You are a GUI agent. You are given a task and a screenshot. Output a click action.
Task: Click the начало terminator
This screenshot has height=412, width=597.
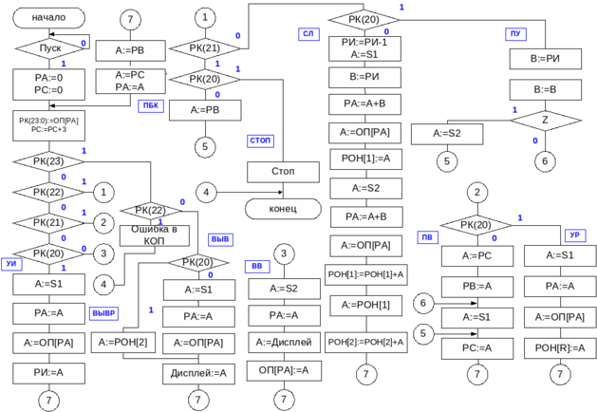click(49, 18)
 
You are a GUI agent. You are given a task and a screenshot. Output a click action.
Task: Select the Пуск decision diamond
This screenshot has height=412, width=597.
click(49, 47)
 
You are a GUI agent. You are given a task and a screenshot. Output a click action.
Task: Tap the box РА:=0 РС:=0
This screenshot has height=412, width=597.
click(49, 84)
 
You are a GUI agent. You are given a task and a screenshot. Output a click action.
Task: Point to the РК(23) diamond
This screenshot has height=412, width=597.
click(49, 161)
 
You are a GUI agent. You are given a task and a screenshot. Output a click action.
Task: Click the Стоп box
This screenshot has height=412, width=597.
click(283, 172)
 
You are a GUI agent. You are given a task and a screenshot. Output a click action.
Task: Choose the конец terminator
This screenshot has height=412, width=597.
click(283, 208)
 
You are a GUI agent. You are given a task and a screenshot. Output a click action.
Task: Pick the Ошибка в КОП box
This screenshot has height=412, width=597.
click(154, 234)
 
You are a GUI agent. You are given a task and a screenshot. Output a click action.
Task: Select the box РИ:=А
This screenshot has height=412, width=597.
click(49, 373)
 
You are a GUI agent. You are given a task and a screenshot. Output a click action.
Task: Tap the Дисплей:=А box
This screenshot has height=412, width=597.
click(198, 373)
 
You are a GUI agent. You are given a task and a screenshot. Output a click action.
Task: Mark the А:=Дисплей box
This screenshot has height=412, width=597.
click(283, 342)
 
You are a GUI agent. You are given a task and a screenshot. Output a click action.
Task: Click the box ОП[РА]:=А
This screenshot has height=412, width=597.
click(283, 369)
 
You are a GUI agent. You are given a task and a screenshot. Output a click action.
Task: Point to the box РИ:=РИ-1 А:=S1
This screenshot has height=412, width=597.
click(364, 48)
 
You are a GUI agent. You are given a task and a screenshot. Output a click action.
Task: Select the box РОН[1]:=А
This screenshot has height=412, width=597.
click(364, 159)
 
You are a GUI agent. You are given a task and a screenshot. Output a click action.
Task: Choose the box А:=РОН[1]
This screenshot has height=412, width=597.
click(364, 305)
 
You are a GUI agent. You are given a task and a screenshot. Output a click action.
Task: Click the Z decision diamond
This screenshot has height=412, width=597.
click(545, 121)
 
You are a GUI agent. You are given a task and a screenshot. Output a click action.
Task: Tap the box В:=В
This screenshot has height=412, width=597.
click(545, 90)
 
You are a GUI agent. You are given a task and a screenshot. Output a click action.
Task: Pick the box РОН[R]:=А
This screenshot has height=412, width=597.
click(560, 348)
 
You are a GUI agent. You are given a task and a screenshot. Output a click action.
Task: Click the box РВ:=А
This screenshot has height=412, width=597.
click(476, 287)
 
